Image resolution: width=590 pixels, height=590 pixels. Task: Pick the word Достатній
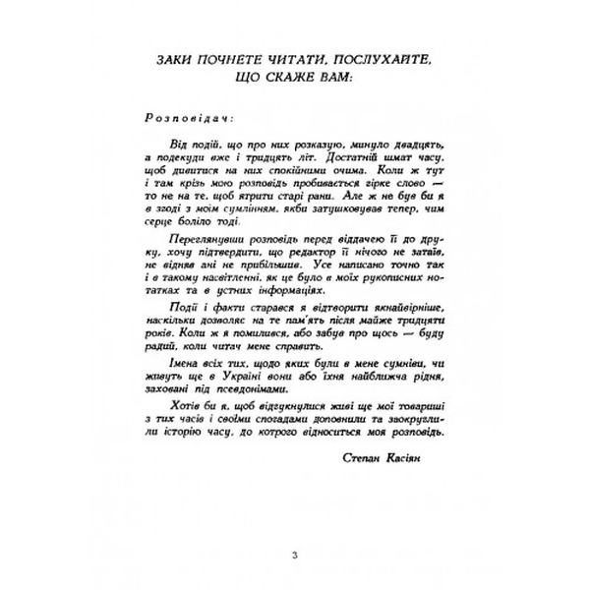pos(341,159)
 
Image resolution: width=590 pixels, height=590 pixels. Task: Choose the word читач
pos(300,353)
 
